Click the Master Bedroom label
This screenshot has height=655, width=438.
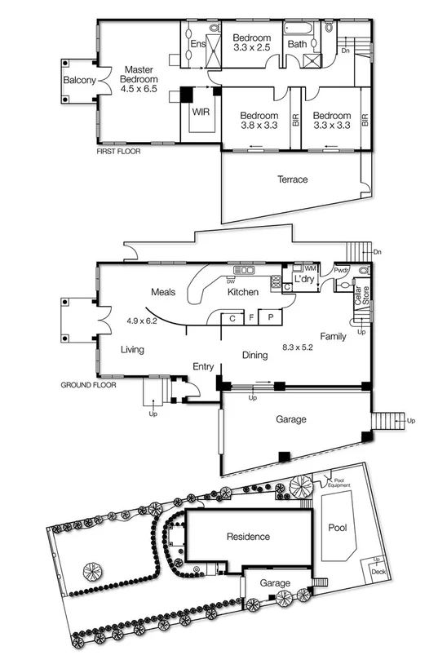tap(139, 80)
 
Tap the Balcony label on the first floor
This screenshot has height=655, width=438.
tap(80, 80)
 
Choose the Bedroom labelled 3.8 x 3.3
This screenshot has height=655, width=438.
tap(259, 121)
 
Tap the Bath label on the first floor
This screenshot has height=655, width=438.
tap(298, 44)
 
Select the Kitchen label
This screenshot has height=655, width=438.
tap(243, 292)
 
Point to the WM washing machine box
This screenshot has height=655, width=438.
tap(309, 268)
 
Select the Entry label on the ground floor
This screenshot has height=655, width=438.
tap(202, 366)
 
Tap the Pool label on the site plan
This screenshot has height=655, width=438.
tap(337, 528)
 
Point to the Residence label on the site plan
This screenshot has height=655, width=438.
tap(248, 538)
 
